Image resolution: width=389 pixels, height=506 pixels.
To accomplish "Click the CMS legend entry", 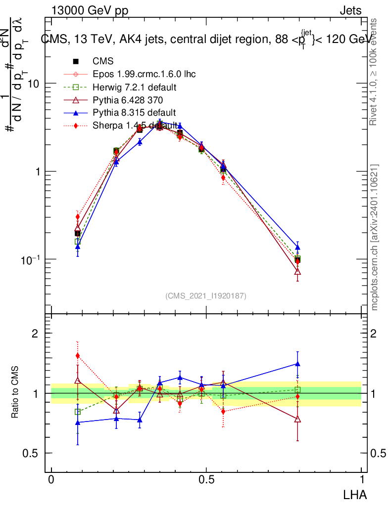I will pyautogui.click(x=103, y=61).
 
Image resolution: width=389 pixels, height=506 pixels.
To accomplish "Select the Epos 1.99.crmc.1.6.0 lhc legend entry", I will pyautogui.click(x=144, y=74).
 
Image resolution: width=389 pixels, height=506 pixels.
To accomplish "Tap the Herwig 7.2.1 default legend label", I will pyautogui.click(x=135, y=87).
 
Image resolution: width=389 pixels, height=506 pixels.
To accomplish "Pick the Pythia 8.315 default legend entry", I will pyautogui.click(x=134, y=113).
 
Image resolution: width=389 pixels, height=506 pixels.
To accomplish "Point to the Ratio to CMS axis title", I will pyautogui.click(x=15, y=393).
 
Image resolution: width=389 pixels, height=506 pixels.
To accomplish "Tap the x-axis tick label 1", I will pyautogui.click(x=362, y=480).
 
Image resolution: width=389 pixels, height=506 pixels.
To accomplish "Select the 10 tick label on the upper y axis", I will pyautogui.click(x=33, y=84).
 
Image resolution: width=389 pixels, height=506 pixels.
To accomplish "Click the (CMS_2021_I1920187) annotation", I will pyautogui.click(x=206, y=295).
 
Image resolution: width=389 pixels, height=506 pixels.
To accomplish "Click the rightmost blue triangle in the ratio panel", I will pyautogui.click(x=297, y=364).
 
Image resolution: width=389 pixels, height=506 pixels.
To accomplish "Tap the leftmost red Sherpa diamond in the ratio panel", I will pyautogui.click(x=78, y=355).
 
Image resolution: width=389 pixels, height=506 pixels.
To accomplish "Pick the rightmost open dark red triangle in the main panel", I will pyautogui.click(x=297, y=272).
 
